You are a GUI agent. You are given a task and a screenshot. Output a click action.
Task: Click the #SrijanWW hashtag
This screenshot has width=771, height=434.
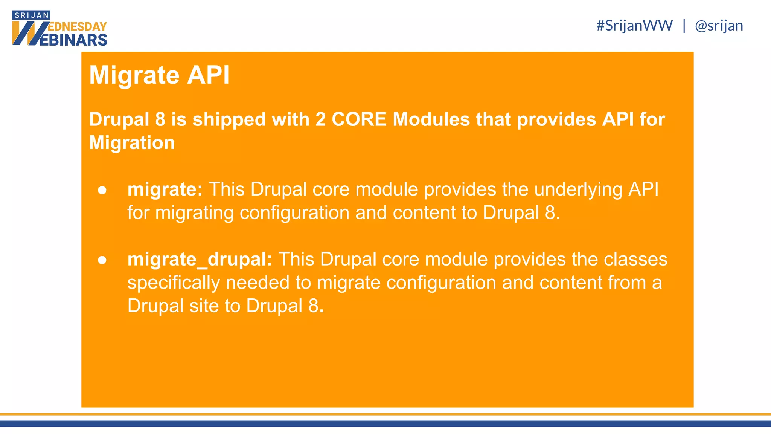pos(634,26)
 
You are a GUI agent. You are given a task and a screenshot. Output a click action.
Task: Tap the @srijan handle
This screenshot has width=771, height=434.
pos(719,26)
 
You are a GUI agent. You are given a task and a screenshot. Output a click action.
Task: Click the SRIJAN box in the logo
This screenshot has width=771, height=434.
pos(31,15)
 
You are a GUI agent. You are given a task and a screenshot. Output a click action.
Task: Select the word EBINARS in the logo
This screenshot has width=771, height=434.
pos(73,40)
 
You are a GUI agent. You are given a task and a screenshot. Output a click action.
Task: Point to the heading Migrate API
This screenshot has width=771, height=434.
pos(159,75)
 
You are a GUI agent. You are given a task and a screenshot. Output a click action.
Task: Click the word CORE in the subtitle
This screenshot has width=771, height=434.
pos(359,119)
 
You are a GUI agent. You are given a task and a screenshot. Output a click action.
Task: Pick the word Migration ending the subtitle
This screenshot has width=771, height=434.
pos(132,143)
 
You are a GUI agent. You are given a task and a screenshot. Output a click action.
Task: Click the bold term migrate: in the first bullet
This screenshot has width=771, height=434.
pos(165,189)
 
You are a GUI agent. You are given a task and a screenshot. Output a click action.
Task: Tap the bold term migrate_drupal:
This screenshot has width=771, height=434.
pos(200,259)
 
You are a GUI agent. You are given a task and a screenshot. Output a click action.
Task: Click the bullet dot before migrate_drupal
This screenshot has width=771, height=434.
pos(102,260)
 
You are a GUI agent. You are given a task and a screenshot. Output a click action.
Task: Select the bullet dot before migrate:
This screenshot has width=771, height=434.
pos(102,190)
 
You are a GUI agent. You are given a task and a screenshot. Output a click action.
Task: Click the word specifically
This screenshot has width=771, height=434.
pos(173,283)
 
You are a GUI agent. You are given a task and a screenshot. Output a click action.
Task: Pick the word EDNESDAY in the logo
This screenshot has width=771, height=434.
pos(78,27)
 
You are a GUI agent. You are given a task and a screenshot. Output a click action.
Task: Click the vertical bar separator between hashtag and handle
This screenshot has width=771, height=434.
pos(684,26)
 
